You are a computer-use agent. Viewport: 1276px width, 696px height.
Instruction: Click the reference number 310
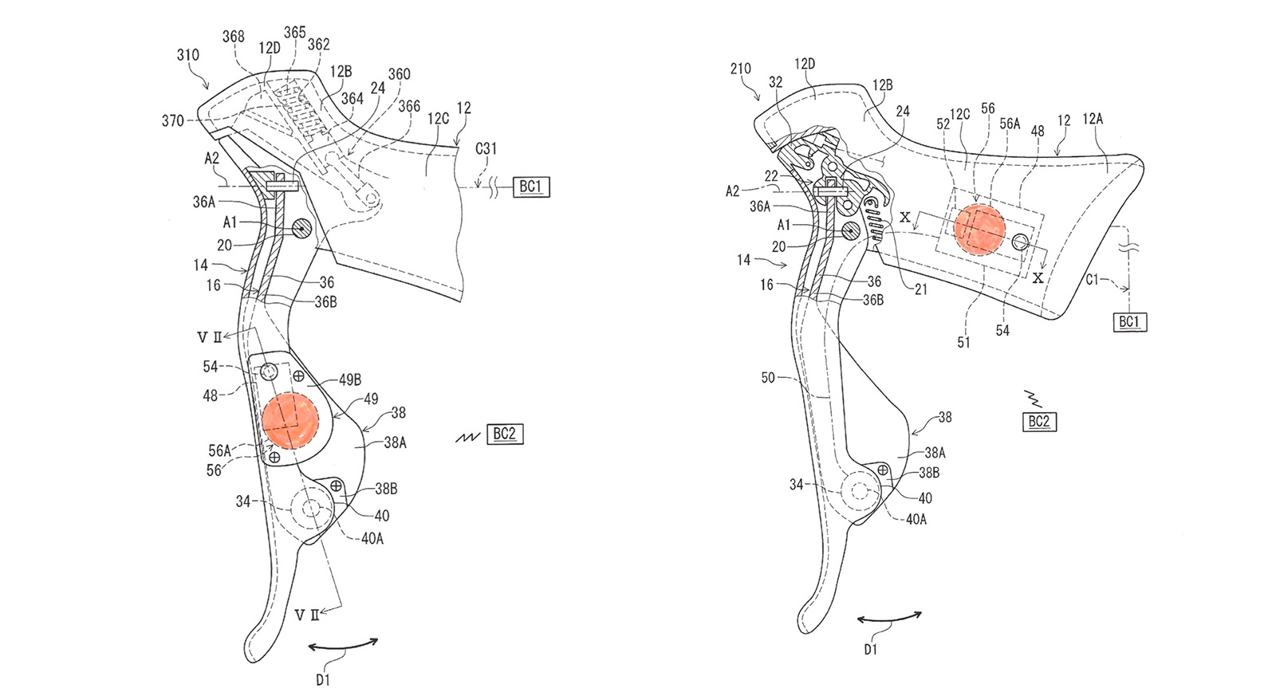[188, 55]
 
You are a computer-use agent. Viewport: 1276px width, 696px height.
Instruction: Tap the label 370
[172, 120]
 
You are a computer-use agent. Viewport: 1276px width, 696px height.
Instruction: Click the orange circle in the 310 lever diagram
[290, 421]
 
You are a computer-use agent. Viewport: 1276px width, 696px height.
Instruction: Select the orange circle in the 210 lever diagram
[979, 228]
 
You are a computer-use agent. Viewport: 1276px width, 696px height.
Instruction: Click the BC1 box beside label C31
[531, 187]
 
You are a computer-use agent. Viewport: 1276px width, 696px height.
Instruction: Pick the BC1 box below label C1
[1129, 322]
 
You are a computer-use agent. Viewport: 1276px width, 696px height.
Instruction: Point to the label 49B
[350, 379]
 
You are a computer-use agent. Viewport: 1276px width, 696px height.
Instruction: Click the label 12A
[1093, 119]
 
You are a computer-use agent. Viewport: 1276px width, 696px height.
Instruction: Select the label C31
[486, 148]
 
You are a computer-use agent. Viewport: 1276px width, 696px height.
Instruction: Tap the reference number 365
[294, 33]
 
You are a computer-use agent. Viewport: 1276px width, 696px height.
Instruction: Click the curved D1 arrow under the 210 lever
[889, 617]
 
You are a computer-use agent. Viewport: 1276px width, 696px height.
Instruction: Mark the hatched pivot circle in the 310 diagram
[301, 228]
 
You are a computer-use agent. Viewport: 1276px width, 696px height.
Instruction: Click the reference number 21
[921, 289]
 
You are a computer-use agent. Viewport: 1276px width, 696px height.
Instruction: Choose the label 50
[768, 378]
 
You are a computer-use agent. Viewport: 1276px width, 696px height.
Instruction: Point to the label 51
[963, 342]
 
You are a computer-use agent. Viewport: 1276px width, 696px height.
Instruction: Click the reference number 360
[399, 74]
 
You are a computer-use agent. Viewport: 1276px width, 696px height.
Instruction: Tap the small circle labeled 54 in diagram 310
[269, 372]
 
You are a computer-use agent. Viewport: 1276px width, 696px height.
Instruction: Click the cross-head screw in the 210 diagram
[883, 470]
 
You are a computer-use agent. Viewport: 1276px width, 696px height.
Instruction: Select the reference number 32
[775, 83]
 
